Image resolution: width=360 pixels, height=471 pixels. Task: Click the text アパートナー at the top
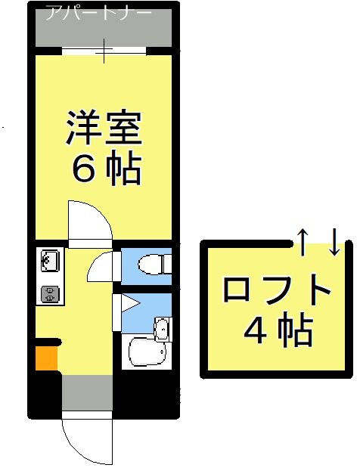coord(98,13)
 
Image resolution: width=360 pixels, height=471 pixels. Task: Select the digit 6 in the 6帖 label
coord(83,170)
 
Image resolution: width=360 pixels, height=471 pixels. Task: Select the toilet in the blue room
coord(154,265)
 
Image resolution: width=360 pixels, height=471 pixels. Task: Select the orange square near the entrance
coord(46,358)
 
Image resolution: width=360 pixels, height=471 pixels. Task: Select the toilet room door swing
coord(102,266)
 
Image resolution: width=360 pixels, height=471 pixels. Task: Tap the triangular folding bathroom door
coord(125,307)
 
